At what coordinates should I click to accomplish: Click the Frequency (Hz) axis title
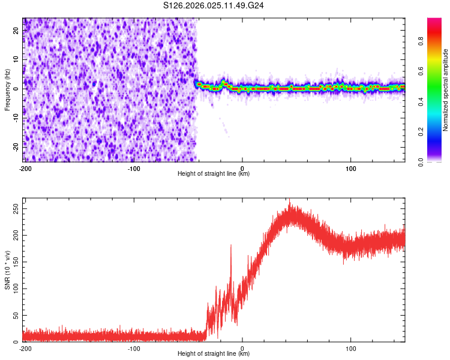pyautogui.click(x=7, y=89)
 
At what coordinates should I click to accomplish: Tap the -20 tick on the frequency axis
pyautogui.click(x=15, y=145)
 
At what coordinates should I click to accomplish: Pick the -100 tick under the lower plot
pyautogui.click(x=134, y=349)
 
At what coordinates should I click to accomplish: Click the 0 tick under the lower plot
pyautogui.click(x=242, y=349)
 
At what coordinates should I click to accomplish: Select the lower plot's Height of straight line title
pyautogui.click(x=214, y=354)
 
